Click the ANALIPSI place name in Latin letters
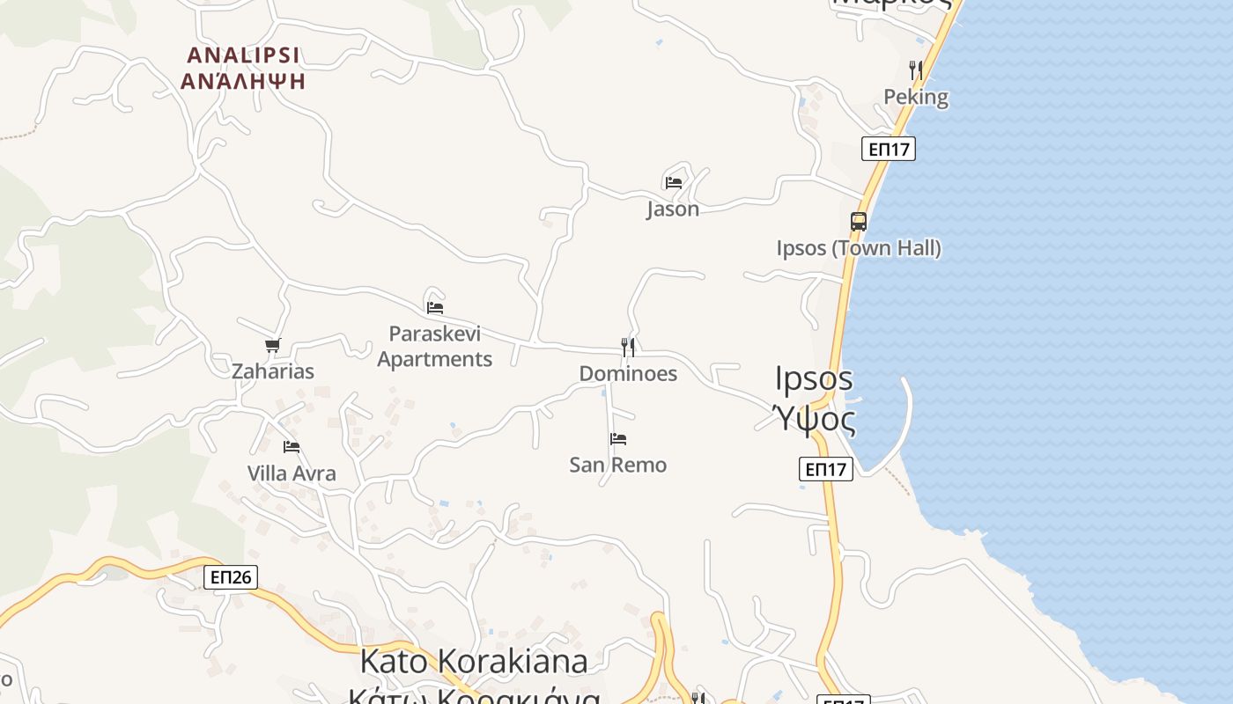click(243, 55)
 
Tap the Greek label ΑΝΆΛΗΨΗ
click(243, 81)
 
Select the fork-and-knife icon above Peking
click(916, 70)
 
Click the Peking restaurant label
click(916, 97)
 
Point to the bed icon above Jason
click(674, 183)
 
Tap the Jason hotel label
click(673, 209)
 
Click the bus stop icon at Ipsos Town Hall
click(859, 222)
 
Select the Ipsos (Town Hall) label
click(859, 248)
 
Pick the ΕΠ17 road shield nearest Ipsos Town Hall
click(889, 149)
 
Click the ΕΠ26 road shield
click(231, 577)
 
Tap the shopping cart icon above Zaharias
click(273, 346)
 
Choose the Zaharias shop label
click(273, 371)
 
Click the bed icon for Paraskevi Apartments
click(435, 308)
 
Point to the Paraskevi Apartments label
click(435, 347)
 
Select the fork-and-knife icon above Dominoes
click(628, 347)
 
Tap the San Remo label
click(618, 465)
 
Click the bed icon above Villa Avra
click(292, 447)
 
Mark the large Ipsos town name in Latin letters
click(814, 378)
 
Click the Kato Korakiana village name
click(474, 660)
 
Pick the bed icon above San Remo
click(618, 438)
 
